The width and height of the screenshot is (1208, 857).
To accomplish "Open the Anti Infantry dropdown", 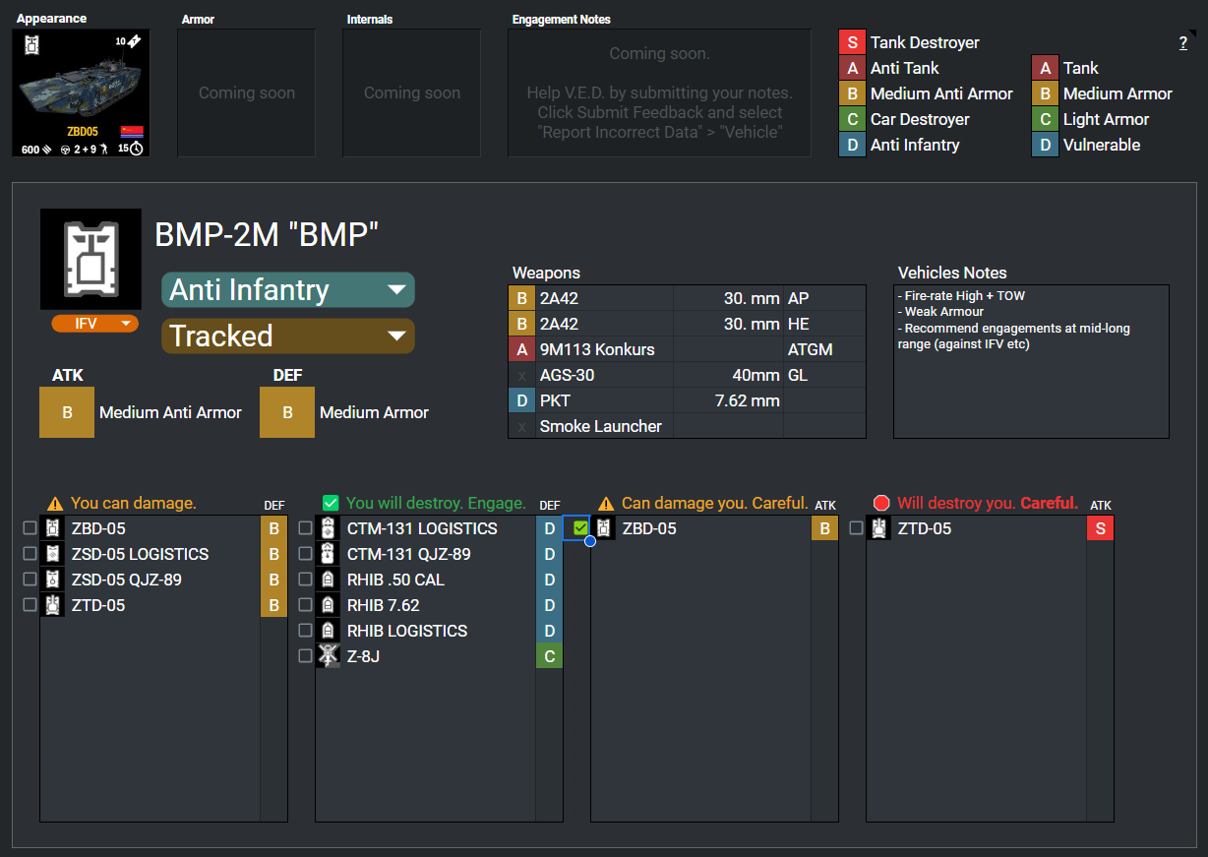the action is tap(288, 289).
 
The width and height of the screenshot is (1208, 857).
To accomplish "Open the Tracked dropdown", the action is tap(288, 336).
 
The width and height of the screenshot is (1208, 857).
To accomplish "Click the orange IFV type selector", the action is tap(94, 323).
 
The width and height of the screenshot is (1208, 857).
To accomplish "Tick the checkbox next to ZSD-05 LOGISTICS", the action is tap(30, 553).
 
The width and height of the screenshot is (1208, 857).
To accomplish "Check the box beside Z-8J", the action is tap(305, 656).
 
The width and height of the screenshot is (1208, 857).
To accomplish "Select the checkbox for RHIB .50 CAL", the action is tap(305, 580).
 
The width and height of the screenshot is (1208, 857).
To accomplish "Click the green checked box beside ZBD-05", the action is tap(580, 528).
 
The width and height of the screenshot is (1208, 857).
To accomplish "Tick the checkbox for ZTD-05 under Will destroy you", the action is tap(856, 528).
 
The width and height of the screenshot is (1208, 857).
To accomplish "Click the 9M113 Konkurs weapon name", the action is tap(597, 349).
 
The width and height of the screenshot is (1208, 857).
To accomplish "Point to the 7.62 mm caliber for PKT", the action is tap(747, 400).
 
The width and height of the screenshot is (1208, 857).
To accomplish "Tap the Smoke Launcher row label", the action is tap(600, 426).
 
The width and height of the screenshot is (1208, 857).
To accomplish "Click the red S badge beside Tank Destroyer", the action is tap(852, 42).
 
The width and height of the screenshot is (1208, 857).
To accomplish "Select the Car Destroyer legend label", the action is tap(920, 119).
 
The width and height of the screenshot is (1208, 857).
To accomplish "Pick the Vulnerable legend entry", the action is tap(1101, 145).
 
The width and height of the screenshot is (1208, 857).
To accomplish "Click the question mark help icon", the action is tap(1182, 43).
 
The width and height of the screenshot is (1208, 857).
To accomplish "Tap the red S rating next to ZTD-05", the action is tap(1100, 528).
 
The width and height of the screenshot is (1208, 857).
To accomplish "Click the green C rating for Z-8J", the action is tap(550, 656).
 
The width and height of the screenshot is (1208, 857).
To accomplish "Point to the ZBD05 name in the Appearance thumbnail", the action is tap(83, 132).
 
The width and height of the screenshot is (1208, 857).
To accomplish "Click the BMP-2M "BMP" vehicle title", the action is tap(267, 234).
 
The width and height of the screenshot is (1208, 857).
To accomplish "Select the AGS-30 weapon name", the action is tap(567, 375).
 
